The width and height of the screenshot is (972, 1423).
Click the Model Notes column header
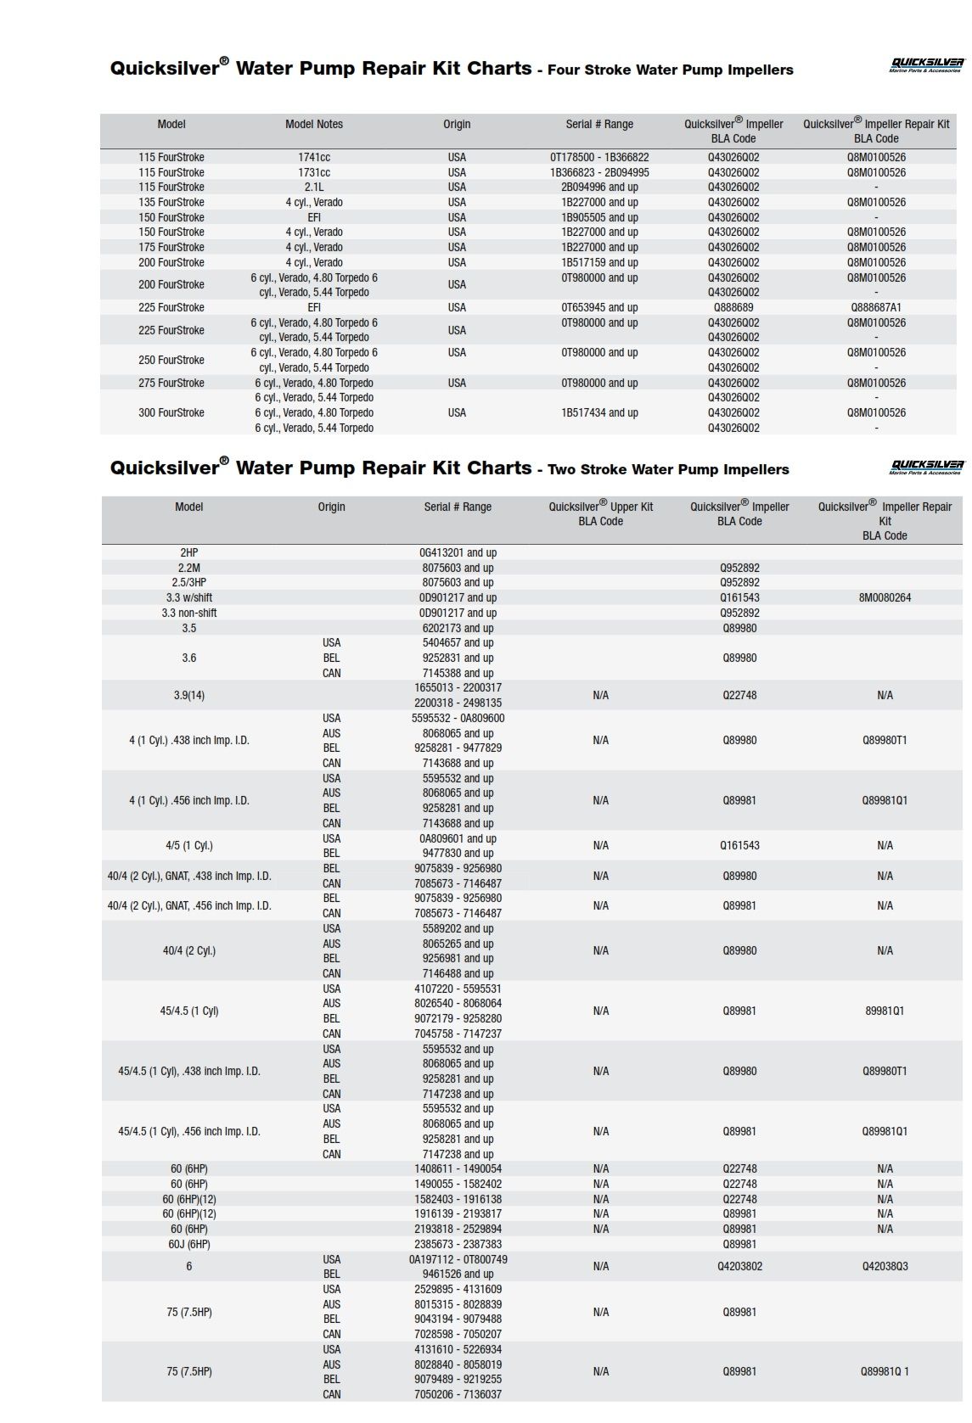point(314,125)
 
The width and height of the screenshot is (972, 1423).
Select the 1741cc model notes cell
point(314,157)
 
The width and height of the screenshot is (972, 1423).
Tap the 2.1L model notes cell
point(314,187)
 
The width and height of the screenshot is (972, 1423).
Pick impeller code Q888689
point(733,307)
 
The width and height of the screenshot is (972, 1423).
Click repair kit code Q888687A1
point(876,307)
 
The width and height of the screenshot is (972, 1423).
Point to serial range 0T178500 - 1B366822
point(599,157)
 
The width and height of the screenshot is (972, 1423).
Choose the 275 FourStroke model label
point(171,383)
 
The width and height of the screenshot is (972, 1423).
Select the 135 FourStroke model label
point(171,202)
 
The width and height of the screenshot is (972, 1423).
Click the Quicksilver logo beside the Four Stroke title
point(926,65)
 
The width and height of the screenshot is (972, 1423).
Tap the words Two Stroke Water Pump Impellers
point(668,469)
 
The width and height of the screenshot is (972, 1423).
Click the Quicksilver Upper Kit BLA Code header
point(600,513)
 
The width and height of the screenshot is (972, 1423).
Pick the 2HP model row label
point(188,552)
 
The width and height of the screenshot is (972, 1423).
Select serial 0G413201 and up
point(458,552)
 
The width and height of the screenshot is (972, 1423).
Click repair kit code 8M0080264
point(885,597)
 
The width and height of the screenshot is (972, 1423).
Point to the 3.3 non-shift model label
point(188,613)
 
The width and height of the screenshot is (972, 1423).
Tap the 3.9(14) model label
point(188,695)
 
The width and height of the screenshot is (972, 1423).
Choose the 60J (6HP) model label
point(188,1244)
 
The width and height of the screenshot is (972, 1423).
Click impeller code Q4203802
point(739,1266)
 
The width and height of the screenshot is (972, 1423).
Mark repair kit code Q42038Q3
point(885,1266)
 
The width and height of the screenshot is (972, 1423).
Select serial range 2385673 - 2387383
point(458,1244)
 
